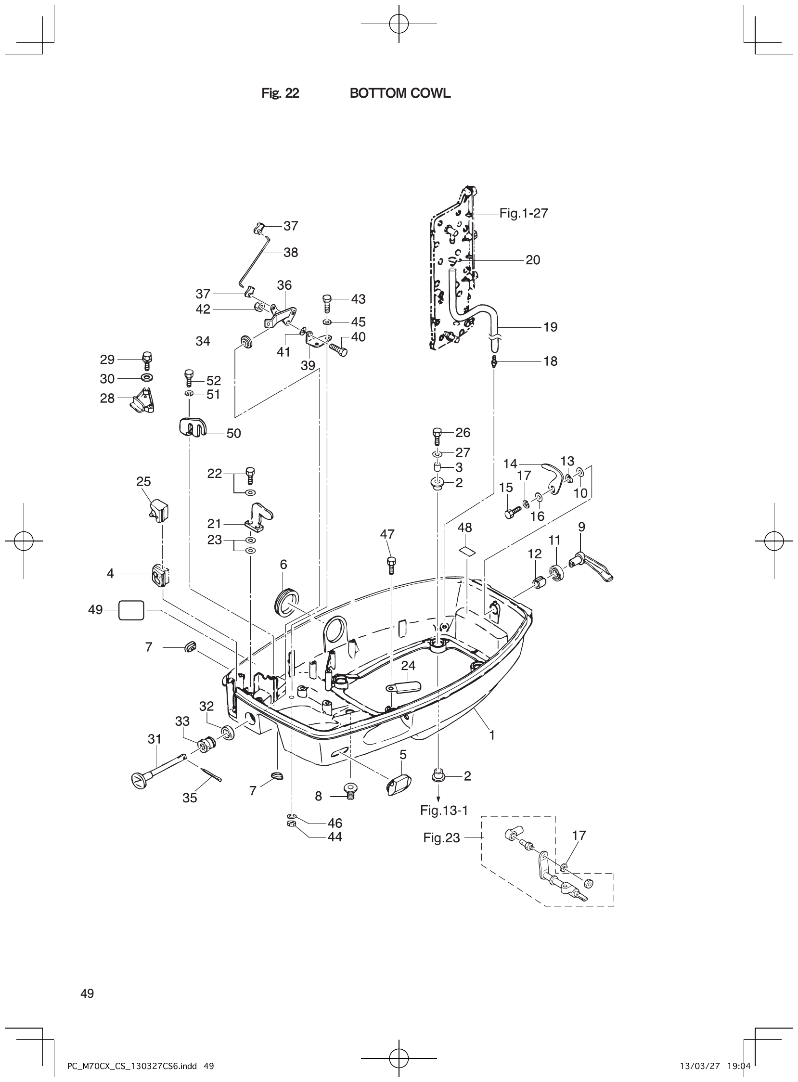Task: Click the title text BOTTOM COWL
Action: click(x=399, y=94)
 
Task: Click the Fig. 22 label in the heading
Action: click(x=280, y=94)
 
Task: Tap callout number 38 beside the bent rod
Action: click(x=290, y=253)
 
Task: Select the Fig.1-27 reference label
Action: click(x=524, y=213)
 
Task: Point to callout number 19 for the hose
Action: click(x=550, y=327)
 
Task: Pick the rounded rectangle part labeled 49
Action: click(x=131, y=610)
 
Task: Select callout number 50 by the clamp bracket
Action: click(x=233, y=433)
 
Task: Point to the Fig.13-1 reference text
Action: click(x=444, y=810)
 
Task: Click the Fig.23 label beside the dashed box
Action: click(x=441, y=837)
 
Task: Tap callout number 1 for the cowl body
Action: click(x=492, y=735)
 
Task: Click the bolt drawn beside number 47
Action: click(x=391, y=565)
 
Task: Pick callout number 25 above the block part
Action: click(x=143, y=481)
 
